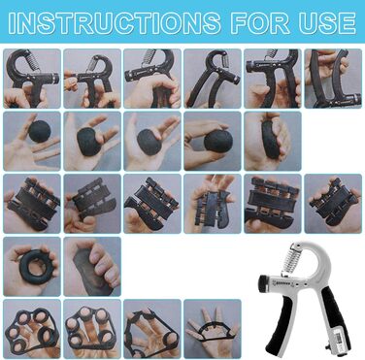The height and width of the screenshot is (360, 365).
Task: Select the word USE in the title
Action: click(327, 23)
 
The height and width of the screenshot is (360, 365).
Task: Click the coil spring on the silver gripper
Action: click(289, 258)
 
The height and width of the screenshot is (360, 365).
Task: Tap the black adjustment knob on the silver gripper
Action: click(262, 282)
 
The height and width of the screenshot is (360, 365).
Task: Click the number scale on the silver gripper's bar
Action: click(285, 284)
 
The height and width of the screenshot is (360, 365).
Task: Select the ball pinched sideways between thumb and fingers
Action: click(218, 142)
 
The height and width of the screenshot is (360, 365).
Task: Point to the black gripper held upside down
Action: click(334, 79)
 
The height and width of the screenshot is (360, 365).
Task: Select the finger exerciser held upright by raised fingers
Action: click(210, 205)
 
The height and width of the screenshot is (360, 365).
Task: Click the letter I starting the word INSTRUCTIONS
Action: click(12, 23)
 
